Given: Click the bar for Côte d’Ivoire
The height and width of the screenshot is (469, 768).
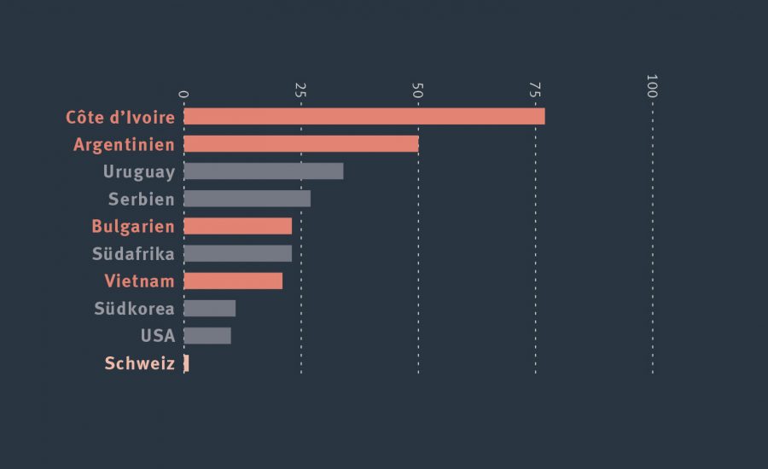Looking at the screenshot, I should pos(364,117).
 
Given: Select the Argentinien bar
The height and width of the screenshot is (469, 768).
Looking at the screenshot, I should pos(300,144).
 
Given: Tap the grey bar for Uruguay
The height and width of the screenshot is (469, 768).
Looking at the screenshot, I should pos(263,171).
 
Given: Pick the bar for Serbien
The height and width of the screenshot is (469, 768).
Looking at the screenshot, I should pos(247,199).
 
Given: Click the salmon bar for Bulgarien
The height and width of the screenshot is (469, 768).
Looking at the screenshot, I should pos(237,226).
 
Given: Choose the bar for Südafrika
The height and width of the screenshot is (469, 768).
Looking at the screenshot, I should pos(237,253).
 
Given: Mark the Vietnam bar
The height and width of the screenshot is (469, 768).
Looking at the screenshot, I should pos(233,281).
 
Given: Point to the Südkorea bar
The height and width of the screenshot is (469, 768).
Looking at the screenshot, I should pos(209,308).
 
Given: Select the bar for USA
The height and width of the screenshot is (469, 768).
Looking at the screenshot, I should pos(207,335).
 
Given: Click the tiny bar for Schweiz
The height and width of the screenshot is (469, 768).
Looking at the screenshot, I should pos(186,363).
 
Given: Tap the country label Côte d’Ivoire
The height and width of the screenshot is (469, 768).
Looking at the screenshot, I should pos(120,118).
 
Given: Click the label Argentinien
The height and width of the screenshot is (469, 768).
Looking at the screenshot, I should pos(124,145).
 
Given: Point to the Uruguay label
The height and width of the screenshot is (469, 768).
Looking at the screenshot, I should pos(139,172).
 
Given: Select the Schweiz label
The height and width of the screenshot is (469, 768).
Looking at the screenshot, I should pos(139,363).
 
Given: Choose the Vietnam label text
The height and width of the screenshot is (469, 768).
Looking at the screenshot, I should pos(139,281).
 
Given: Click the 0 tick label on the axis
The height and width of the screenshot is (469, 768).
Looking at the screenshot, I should pos(183,93).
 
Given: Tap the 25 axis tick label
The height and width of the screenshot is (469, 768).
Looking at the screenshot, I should pos(300,90).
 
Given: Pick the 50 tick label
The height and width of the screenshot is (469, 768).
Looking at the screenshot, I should pos(417,90).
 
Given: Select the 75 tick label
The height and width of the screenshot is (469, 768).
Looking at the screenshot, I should pos(535,90).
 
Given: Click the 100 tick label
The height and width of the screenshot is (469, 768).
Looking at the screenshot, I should pos(652,86).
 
